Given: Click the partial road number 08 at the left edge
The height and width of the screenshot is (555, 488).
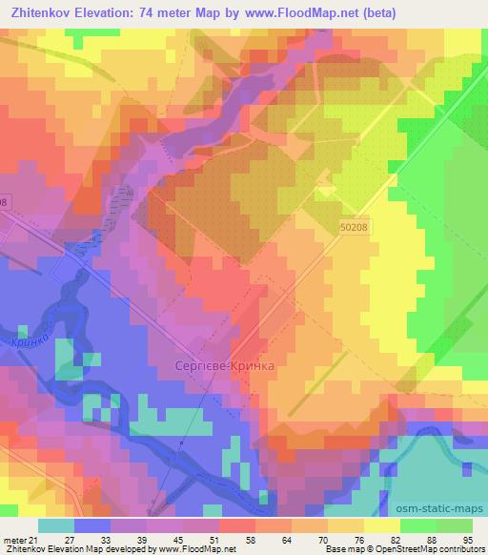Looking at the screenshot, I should [4, 202].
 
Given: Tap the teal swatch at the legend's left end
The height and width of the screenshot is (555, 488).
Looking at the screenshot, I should [57, 526].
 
